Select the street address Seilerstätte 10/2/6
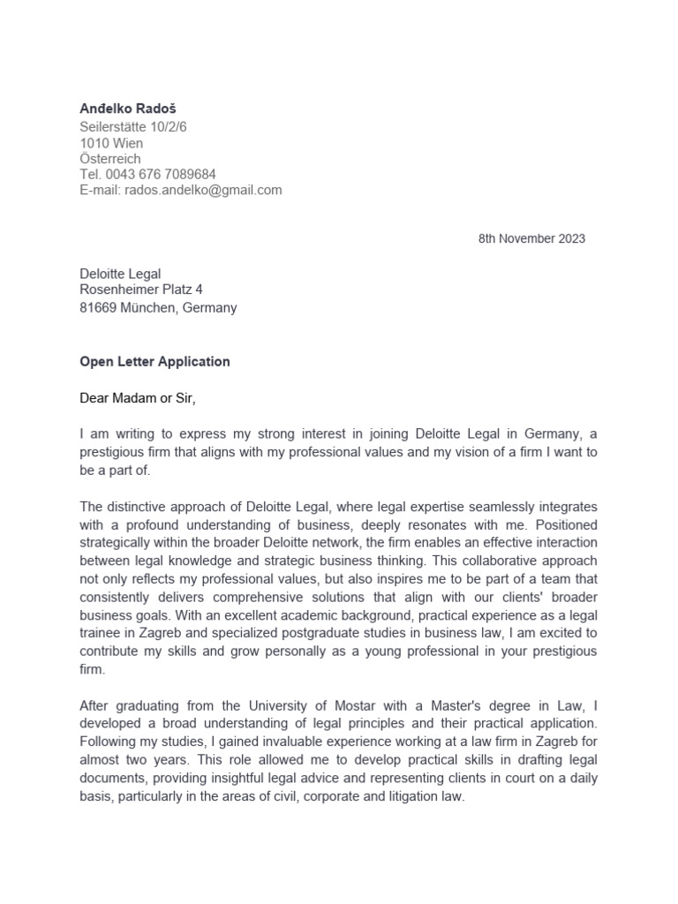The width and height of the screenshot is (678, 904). [133, 127]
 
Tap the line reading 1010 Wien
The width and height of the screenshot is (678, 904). [111, 143]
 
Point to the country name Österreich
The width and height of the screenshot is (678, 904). [110, 159]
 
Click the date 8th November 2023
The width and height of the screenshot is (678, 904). [531, 238]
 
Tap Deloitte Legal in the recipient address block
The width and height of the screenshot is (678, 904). [121, 275]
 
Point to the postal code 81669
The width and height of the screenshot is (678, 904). [98, 308]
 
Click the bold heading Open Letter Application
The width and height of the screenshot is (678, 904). [154, 361]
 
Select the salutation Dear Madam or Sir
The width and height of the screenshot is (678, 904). [137, 398]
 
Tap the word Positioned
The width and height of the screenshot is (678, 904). [565, 524]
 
